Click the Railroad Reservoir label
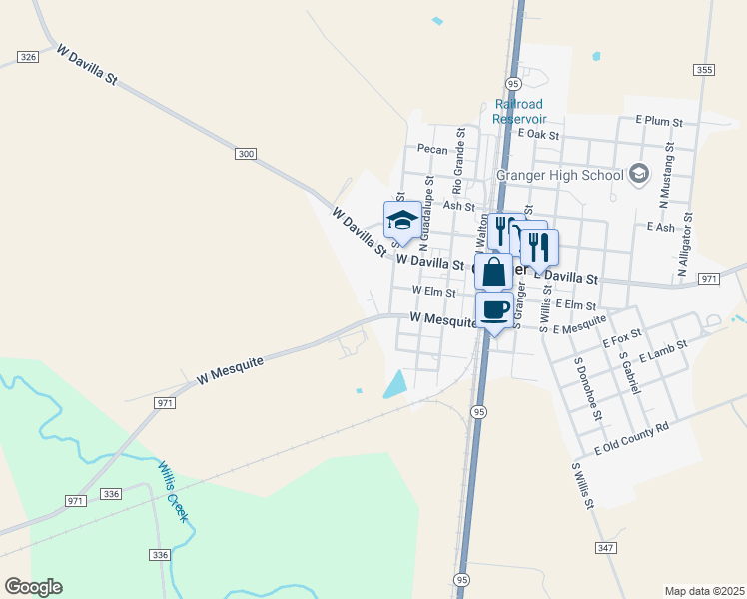click(518, 111)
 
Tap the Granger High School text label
click(559, 176)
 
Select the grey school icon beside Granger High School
click(639, 175)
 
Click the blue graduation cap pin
click(402, 220)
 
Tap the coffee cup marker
click(494, 309)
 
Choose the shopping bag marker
click(494, 271)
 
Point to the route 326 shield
click(28, 58)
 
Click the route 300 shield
click(247, 153)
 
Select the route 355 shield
click(705, 69)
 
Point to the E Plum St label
click(659, 121)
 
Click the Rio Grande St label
click(459, 160)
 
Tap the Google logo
click(33, 587)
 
